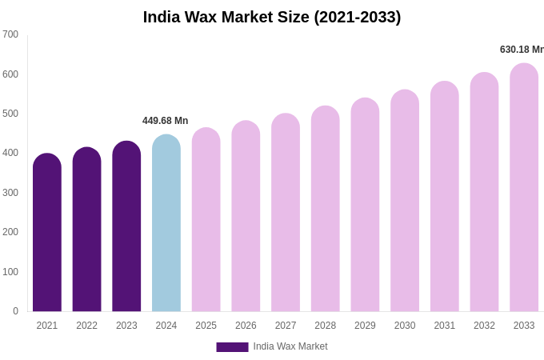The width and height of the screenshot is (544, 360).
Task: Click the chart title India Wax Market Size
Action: tap(272, 17)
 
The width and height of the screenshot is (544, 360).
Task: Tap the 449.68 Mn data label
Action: tap(165, 121)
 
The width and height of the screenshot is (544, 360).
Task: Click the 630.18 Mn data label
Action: tap(522, 50)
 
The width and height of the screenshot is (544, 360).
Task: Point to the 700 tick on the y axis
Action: tap(10, 34)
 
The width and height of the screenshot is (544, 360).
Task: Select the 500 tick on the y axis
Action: tap(10, 114)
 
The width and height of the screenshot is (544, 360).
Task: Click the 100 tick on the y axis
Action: tap(10, 272)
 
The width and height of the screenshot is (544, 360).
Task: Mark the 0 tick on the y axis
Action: tap(15, 311)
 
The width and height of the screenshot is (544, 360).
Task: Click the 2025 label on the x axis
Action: tap(206, 326)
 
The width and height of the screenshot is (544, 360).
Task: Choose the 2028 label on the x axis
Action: tap(325, 326)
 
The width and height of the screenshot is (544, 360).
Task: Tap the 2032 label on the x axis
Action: tap(484, 326)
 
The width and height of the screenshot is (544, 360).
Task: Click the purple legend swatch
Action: tap(232, 347)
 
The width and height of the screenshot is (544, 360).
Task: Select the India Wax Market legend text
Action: tap(290, 346)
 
